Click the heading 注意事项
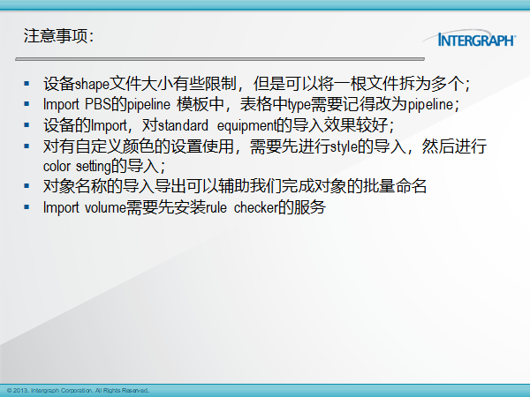[56, 36]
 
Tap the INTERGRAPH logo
[470, 39]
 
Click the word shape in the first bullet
[92, 85]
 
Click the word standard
[183, 125]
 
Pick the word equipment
[246, 126]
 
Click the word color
[57, 167]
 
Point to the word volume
[105, 207]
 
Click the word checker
[255, 207]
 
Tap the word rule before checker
[216, 207]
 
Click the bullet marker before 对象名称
[26, 186]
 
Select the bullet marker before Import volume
[26, 207]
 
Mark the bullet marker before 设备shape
[26, 84]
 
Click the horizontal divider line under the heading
[220, 59]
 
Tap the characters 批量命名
[395, 186]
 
